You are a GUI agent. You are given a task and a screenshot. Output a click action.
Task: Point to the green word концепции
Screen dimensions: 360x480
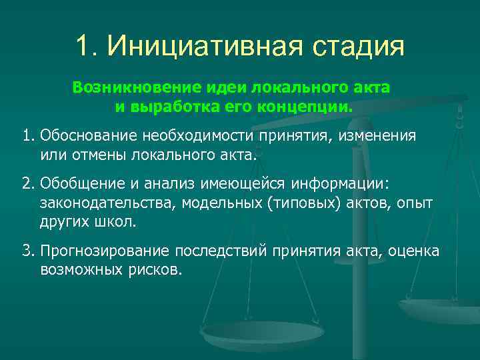pos(311,107)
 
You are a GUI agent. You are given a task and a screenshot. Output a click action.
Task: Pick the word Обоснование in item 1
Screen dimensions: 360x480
pos(88,136)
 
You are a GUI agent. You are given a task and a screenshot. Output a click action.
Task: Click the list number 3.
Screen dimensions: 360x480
pos(27,251)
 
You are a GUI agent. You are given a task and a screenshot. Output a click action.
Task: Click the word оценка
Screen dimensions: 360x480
pos(413,251)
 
